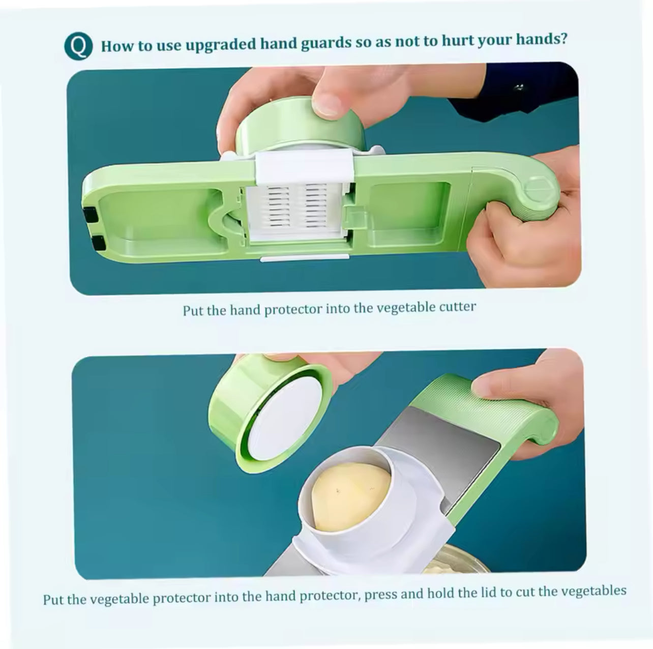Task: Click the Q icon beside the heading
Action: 78,46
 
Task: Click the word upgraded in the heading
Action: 221,44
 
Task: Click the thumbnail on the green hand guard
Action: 327,103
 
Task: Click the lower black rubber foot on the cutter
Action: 98,243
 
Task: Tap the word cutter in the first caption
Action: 458,307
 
